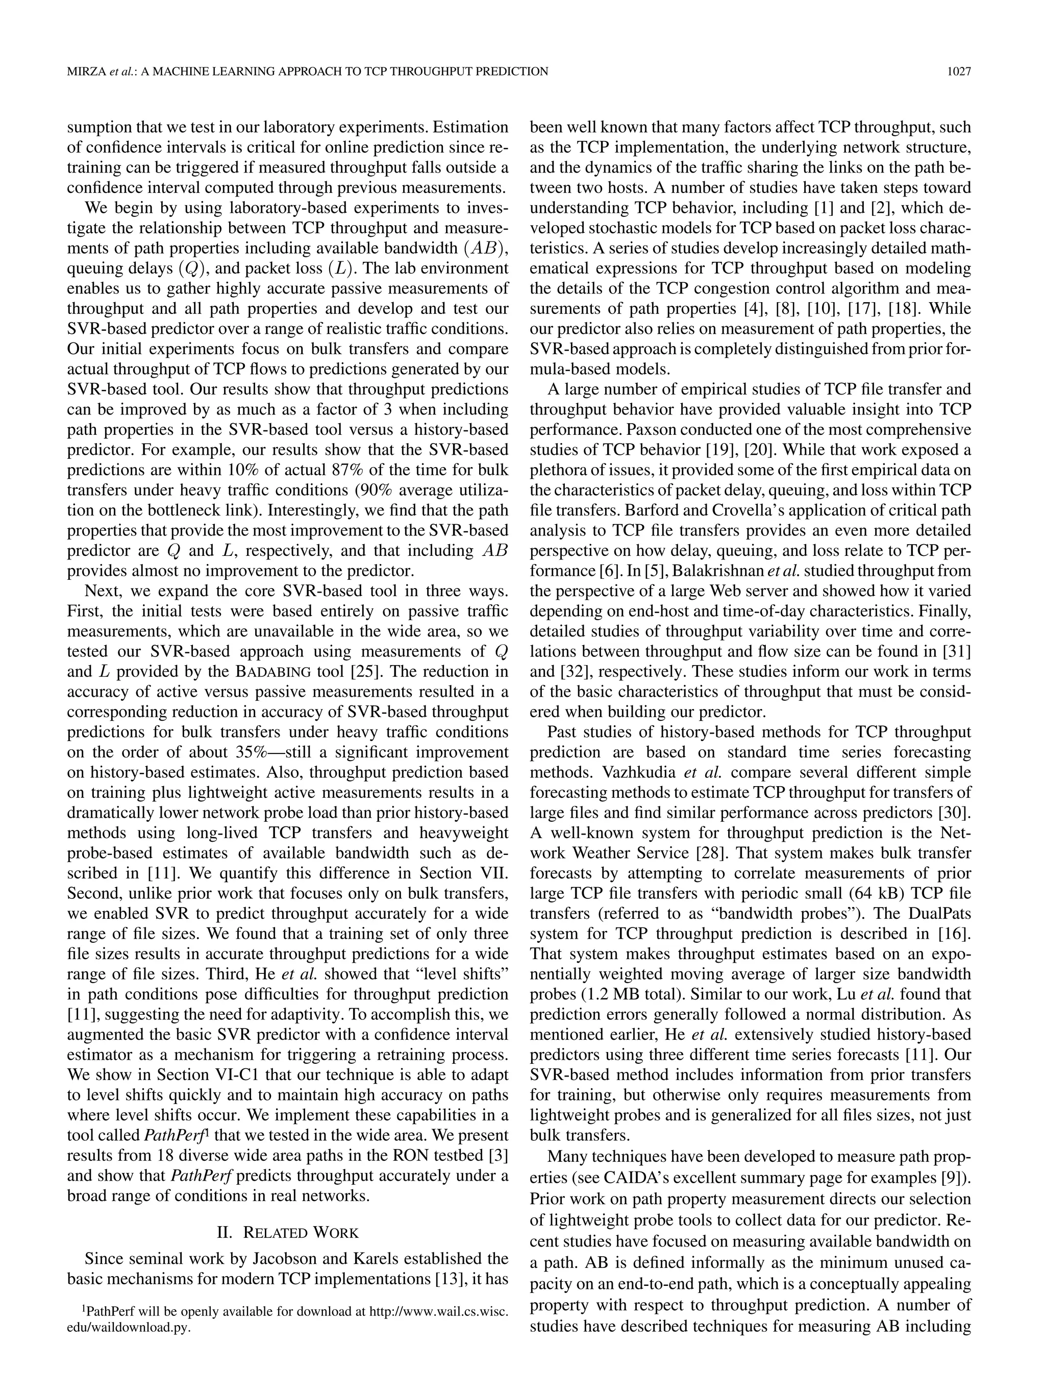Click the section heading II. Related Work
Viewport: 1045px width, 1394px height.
click(x=287, y=1233)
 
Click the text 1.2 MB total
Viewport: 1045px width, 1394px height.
click(x=632, y=994)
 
